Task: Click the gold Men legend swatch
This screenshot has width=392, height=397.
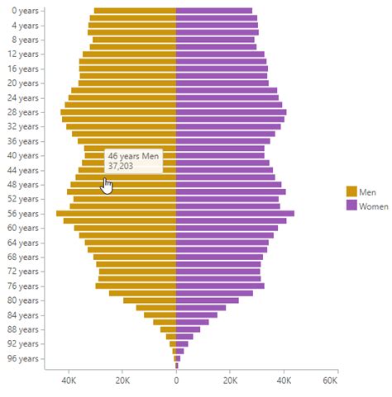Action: click(351, 191)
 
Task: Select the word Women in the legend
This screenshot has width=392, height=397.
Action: click(373, 206)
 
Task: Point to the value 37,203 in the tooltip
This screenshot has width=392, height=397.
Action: click(121, 165)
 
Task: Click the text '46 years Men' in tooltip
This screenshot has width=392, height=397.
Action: click(133, 154)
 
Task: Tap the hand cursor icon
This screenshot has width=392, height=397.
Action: click(107, 186)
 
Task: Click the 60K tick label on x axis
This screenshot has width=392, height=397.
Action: click(330, 382)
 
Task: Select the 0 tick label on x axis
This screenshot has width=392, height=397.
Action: click(176, 382)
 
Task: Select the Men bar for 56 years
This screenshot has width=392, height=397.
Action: click(116, 214)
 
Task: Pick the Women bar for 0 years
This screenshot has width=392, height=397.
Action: click(214, 11)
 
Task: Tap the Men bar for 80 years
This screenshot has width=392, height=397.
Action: click(150, 300)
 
